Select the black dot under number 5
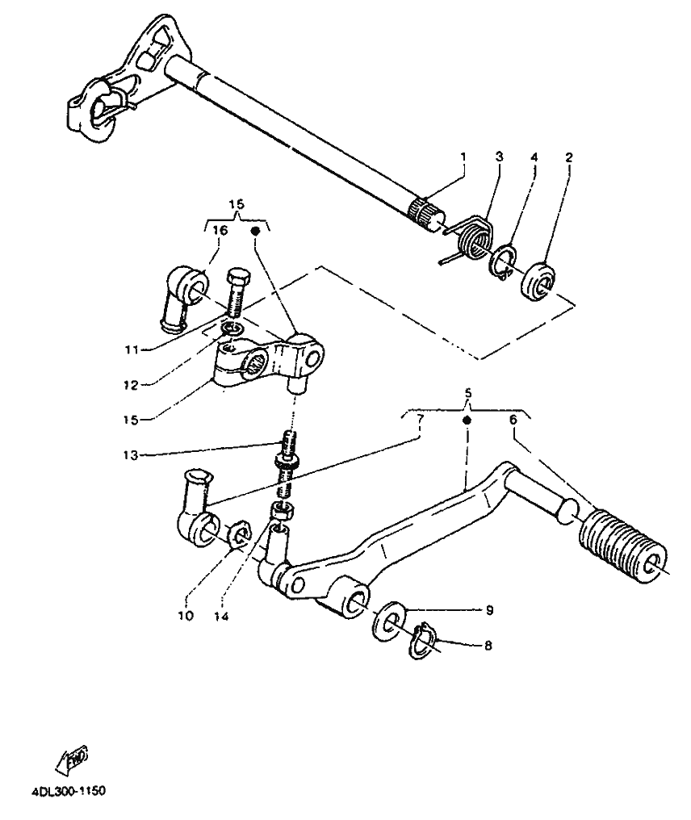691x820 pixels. pos(466,421)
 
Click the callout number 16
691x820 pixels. pos(220,230)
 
